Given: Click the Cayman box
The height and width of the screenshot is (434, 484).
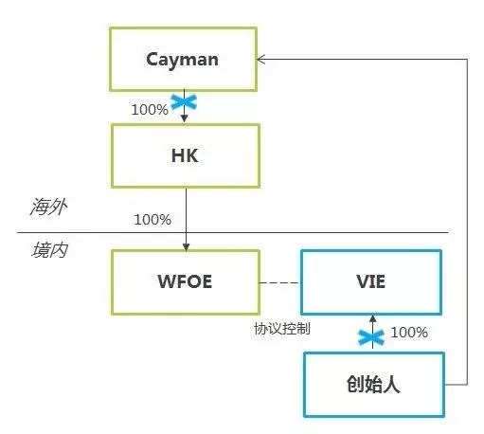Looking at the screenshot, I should click(x=183, y=59).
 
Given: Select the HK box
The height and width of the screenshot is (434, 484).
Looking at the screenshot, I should click(x=186, y=155).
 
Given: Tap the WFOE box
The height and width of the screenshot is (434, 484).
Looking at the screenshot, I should click(x=185, y=282).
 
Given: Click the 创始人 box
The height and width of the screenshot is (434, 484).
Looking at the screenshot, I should click(x=374, y=384).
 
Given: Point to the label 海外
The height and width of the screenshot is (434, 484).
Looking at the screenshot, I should click(x=45, y=205).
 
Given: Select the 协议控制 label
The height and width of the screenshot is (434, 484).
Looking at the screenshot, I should click(x=282, y=329).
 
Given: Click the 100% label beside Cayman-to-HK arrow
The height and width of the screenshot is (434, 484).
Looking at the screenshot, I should click(x=151, y=109).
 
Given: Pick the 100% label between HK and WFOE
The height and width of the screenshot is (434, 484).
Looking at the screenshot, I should click(x=152, y=219).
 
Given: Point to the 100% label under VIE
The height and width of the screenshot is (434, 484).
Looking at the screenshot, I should click(x=409, y=333).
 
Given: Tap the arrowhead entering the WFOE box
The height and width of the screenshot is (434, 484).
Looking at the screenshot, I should click(x=186, y=244).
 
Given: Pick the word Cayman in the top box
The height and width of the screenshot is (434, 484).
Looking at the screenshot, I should click(x=183, y=59).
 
